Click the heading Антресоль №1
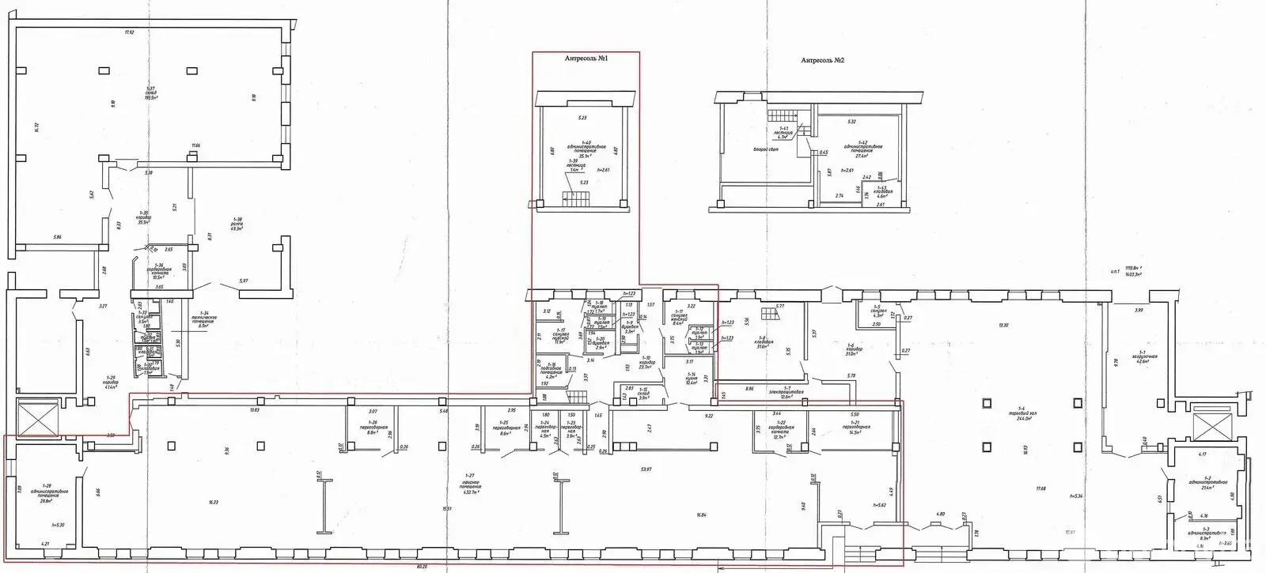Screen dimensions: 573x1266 586,58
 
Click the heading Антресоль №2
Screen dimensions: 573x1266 823,60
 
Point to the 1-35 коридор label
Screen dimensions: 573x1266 143,219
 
